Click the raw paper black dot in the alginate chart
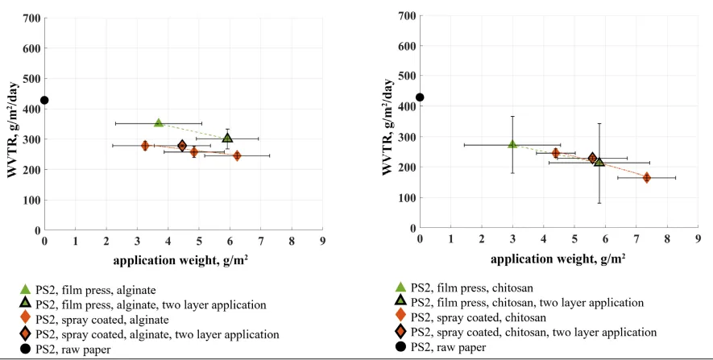[x=45, y=101]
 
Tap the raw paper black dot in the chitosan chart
[x=420, y=97]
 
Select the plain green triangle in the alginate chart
[x=159, y=123]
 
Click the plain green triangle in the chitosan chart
[x=512, y=144]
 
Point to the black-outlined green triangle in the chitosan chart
[x=599, y=162]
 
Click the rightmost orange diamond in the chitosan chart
[x=646, y=177]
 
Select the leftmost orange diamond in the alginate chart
[x=145, y=146]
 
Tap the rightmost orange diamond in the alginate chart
[x=237, y=155]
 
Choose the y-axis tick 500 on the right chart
[x=406, y=76]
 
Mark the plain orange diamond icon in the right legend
[x=401, y=317]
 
